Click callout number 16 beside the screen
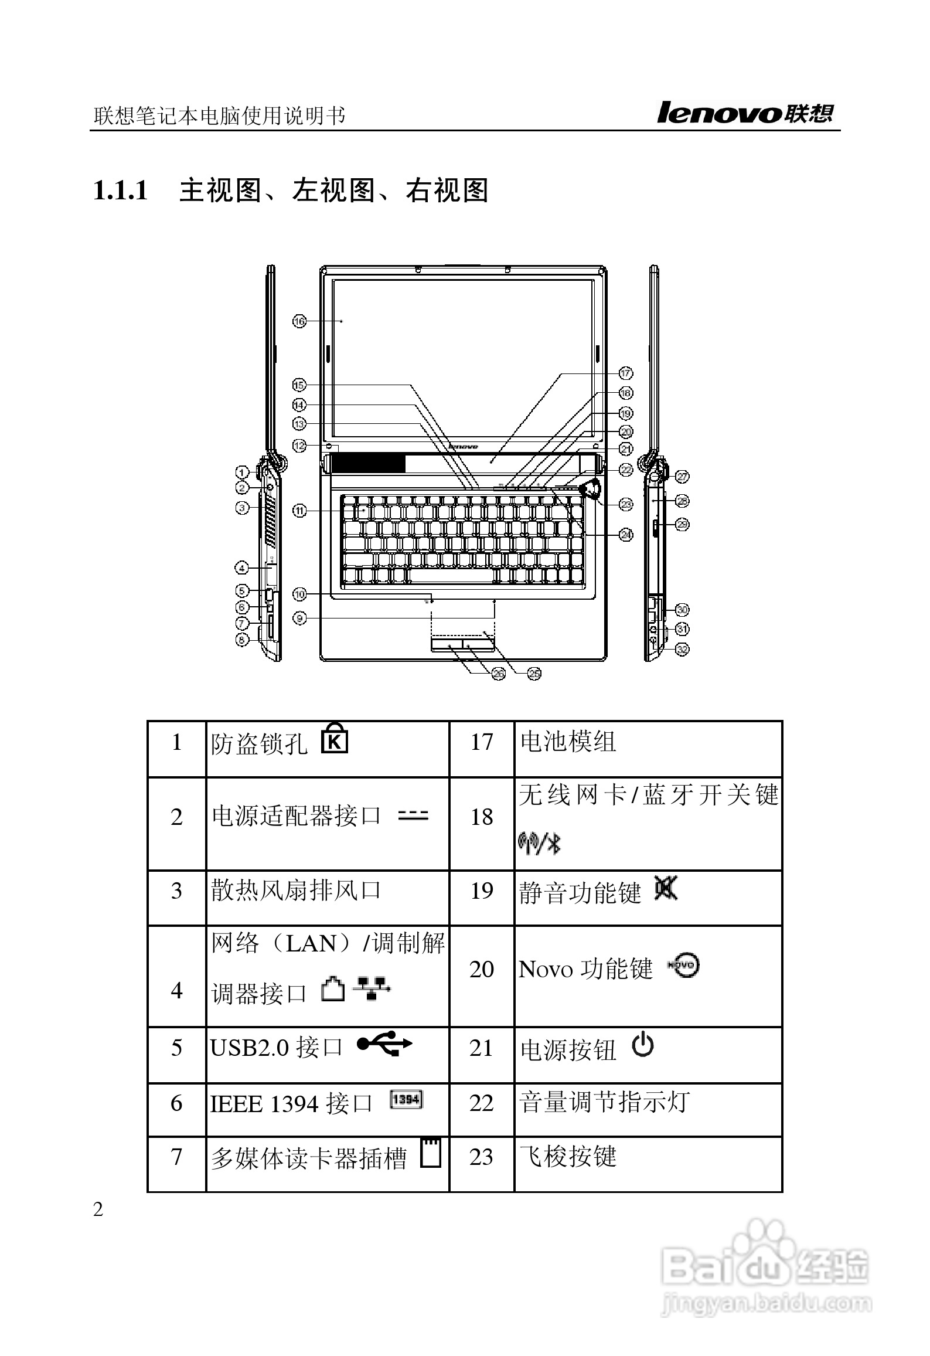coord(299,321)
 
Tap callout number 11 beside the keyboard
coord(299,511)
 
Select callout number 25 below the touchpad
coord(534,674)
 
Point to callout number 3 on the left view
coord(242,508)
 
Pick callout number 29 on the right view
coord(682,524)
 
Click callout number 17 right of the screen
coord(625,373)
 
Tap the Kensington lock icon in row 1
coord(335,740)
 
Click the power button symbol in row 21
coord(643,1045)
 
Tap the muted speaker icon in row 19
coord(666,889)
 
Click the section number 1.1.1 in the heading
coord(121,191)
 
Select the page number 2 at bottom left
coord(98,1209)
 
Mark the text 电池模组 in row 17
coord(568,742)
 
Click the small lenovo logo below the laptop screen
coord(463,446)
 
